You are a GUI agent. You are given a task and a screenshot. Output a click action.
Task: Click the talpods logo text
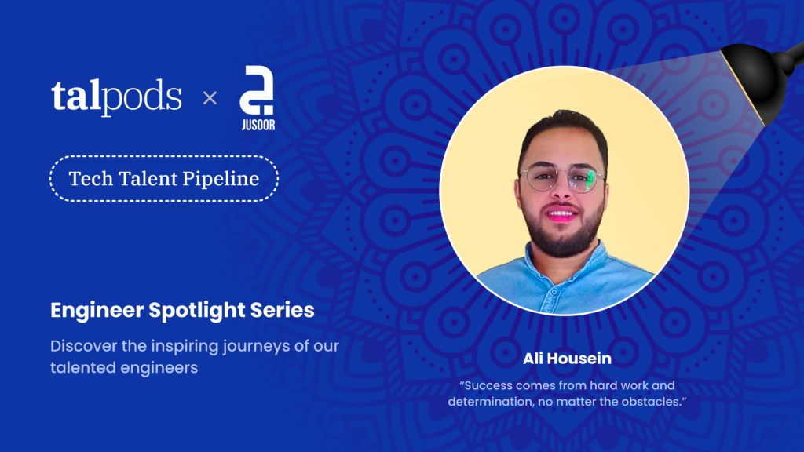click(x=116, y=96)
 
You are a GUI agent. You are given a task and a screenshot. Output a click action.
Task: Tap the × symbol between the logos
click(x=210, y=98)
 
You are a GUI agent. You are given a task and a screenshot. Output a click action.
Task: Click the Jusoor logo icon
click(x=257, y=89)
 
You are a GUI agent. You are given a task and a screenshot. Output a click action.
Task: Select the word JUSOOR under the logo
click(x=258, y=125)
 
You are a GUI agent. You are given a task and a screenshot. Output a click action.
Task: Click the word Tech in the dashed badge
click(x=91, y=179)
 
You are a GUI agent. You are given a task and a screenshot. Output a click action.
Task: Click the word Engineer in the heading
click(x=97, y=311)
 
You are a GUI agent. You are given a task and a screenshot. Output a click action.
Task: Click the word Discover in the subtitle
click(x=83, y=346)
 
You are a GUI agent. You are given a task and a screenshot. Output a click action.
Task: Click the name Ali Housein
click(x=567, y=358)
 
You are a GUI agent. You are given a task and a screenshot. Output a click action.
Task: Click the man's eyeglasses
click(x=562, y=179)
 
